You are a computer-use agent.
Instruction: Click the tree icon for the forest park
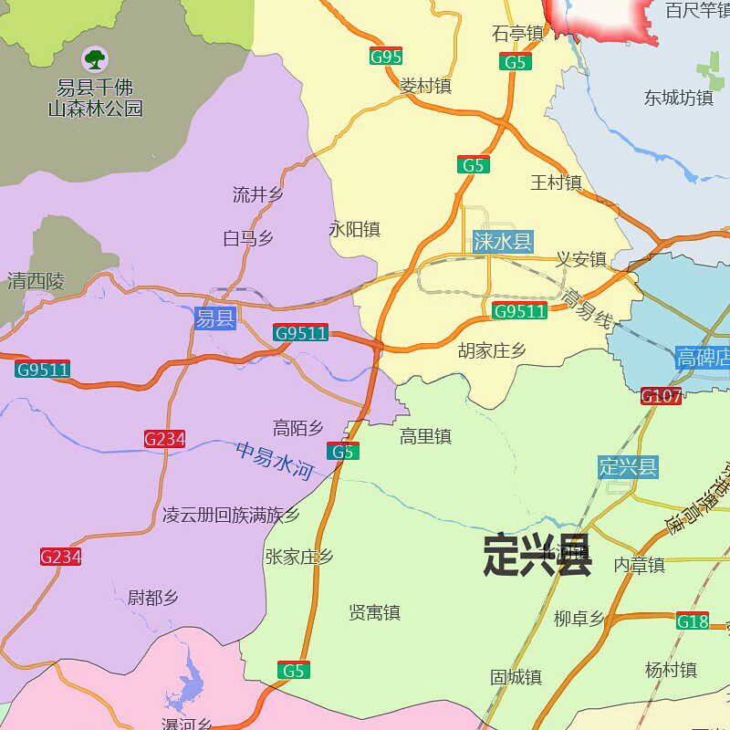coord(95,60)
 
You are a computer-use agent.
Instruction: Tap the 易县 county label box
coord(215,318)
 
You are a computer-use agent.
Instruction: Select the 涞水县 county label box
coord(502,242)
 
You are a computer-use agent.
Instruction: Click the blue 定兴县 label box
coord(628,467)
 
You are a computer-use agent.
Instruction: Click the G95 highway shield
coord(386,57)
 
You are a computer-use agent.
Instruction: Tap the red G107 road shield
coord(661,396)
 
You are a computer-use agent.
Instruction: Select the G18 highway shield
coord(693,621)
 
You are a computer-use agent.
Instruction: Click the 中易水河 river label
coord(275,461)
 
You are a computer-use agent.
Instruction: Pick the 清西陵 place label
coord(36,281)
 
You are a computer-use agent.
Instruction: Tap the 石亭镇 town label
coord(517,34)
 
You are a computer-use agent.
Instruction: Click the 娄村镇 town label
coord(425,86)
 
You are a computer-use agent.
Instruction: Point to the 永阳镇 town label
coord(354,229)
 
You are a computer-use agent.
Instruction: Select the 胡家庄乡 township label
coord(492,350)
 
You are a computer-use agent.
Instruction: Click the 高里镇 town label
coord(425,437)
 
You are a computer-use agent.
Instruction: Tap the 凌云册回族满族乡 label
coord(231,515)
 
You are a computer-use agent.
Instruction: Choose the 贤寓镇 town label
coord(374,612)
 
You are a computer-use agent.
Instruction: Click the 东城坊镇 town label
coord(679,98)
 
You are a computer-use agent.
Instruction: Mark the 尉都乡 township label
coord(152,598)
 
